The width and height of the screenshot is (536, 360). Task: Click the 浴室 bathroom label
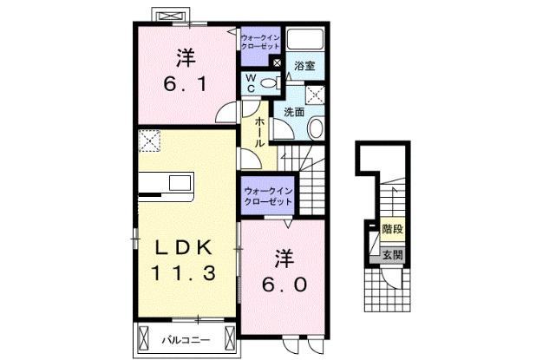[304, 65]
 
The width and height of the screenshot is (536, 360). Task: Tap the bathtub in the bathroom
[305, 39]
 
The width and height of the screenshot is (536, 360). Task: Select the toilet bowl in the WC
[269, 82]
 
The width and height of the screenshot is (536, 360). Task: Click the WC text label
[252, 82]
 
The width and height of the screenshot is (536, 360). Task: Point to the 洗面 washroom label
[294, 112]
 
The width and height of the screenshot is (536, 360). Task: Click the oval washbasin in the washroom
[317, 128]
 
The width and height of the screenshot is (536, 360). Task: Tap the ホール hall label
[259, 132]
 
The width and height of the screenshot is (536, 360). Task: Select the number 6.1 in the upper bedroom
[186, 84]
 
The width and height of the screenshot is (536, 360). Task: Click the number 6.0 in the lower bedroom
[284, 285]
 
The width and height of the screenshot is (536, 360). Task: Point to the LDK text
[184, 247]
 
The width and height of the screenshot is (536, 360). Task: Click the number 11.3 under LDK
[183, 273]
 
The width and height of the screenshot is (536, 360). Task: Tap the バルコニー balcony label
[186, 340]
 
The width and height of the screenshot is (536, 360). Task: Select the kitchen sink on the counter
[180, 182]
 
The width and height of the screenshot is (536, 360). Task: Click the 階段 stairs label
[392, 229]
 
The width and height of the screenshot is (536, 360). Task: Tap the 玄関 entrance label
[392, 255]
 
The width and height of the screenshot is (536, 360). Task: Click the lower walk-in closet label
[269, 196]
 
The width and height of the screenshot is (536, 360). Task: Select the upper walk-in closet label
[260, 42]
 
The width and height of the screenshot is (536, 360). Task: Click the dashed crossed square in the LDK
[149, 141]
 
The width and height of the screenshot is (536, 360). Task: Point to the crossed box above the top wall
[171, 16]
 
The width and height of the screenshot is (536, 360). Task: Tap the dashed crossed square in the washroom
[314, 95]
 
